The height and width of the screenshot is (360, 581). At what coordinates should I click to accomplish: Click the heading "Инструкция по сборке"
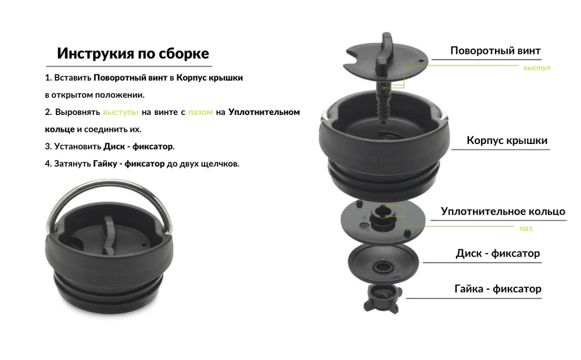point(133,54)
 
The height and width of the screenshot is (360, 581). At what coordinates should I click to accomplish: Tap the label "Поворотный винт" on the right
point(496,51)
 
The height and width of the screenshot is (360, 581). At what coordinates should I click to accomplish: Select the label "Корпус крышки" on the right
point(507,141)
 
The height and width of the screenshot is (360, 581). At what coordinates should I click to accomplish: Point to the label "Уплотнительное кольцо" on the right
point(503,211)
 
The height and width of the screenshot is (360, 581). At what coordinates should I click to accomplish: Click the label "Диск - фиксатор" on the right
point(498,254)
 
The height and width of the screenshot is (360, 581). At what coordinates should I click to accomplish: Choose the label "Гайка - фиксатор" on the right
point(498,289)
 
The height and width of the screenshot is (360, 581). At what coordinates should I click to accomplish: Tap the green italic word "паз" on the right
point(526,228)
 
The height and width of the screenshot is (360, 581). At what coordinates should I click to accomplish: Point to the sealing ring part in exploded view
point(383,219)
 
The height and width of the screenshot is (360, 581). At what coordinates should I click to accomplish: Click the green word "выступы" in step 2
point(121,112)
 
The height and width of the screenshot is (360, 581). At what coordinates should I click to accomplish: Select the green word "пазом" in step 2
point(200,112)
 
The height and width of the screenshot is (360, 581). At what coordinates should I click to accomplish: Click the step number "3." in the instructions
point(48,146)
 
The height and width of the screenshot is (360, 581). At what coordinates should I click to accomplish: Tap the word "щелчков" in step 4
point(218,164)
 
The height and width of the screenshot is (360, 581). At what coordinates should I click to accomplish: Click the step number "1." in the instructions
point(48,77)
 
